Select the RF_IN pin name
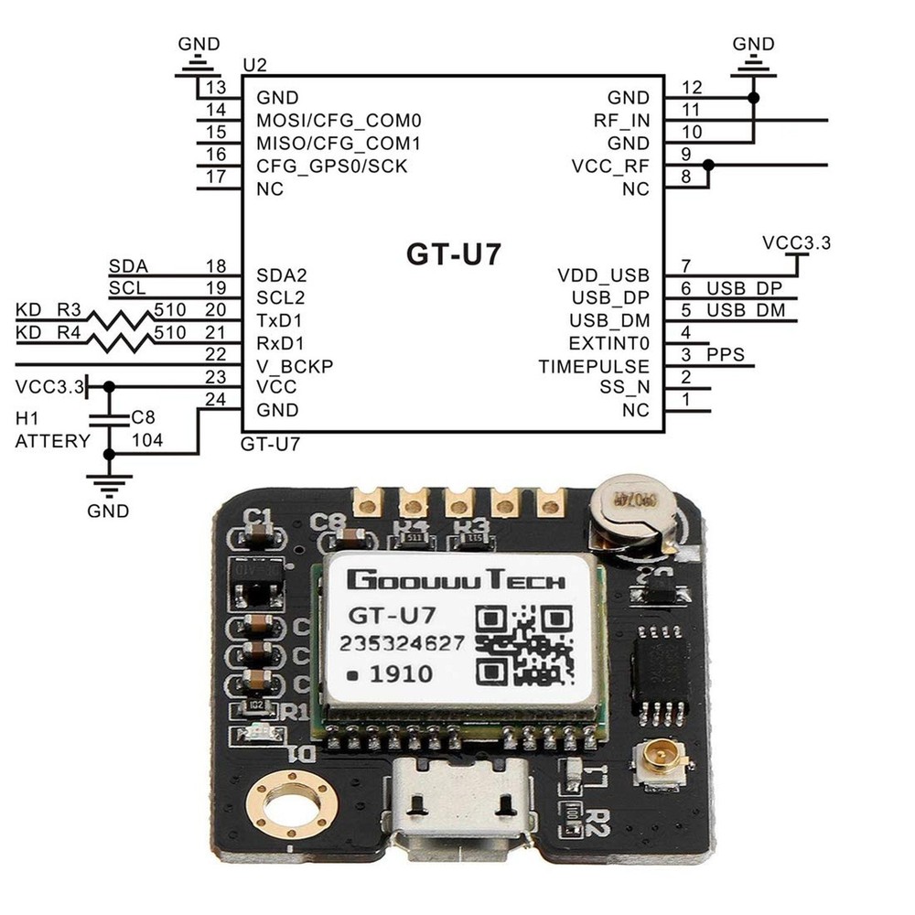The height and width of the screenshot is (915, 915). point(621,121)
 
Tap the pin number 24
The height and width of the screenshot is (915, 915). point(216,399)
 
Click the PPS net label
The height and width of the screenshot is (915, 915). point(726,354)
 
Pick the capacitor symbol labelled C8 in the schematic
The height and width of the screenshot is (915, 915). point(109,419)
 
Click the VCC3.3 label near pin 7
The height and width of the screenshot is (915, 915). point(796,243)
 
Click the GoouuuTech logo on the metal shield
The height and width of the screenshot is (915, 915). point(455,580)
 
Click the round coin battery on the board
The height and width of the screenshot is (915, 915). point(631,517)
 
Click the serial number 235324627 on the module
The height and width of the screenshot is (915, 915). point(402,643)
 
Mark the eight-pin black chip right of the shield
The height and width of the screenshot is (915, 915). point(659,665)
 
